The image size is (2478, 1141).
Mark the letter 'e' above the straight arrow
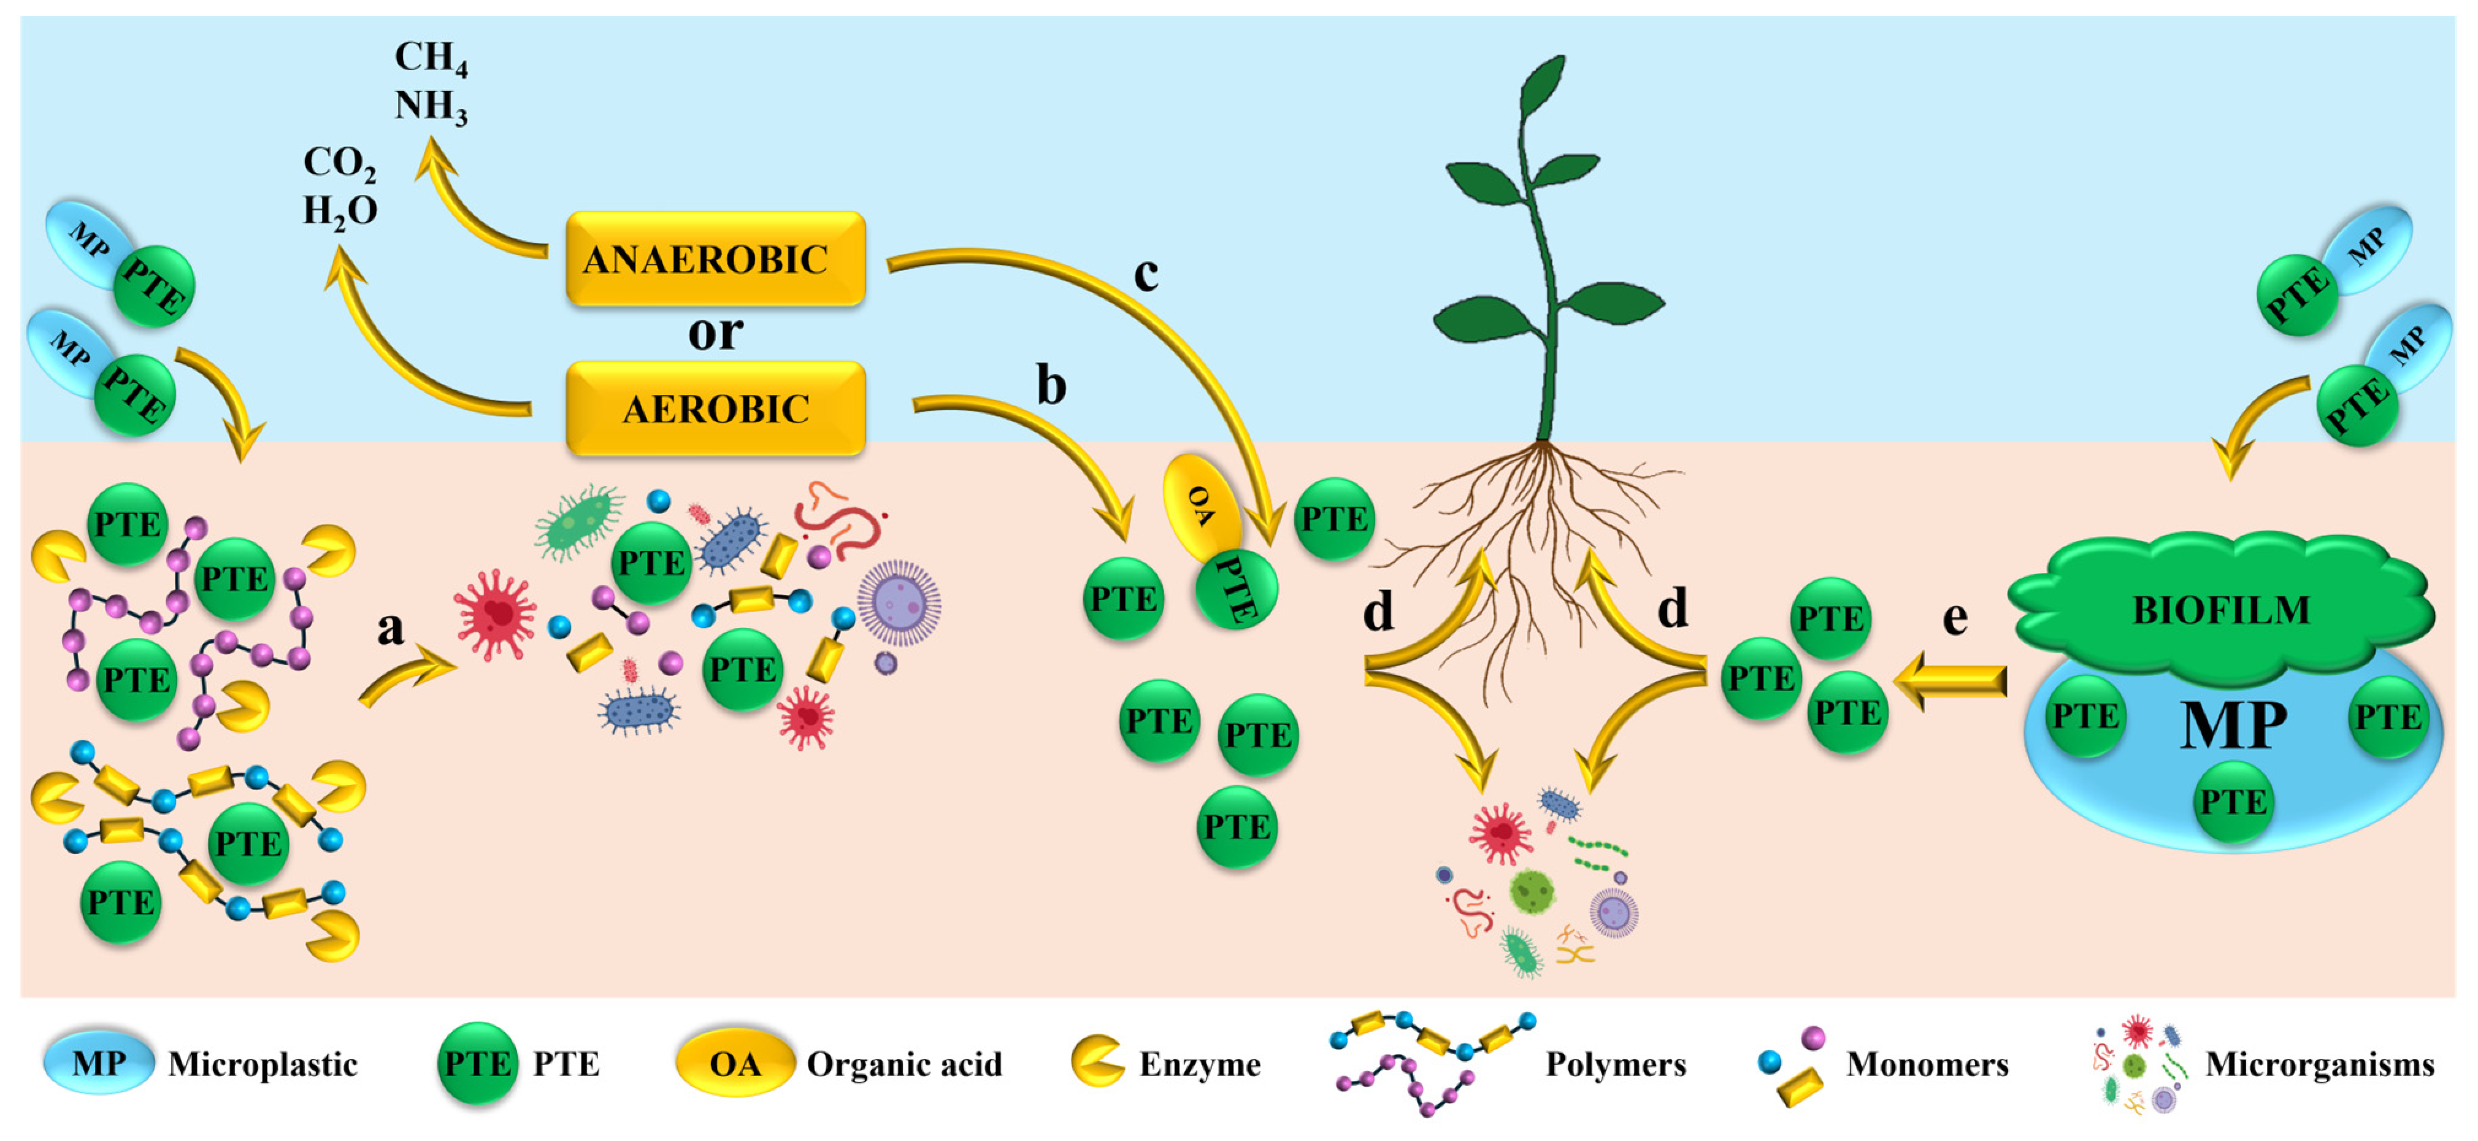point(1955,618)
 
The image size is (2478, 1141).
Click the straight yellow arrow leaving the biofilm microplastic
point(1950,681)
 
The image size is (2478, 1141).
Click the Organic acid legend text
point(904,1064)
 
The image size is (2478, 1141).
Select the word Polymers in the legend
point(1616,1064)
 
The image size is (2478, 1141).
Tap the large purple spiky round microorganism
point(899,602)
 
